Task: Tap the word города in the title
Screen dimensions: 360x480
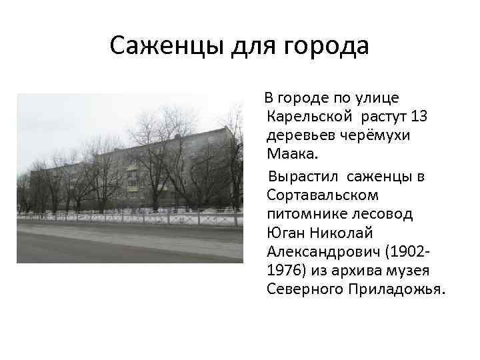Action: (326, 47)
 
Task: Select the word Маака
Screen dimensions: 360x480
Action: (291, 155)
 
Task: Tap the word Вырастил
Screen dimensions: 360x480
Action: (303, 176)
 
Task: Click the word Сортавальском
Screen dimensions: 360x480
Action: (322, 195)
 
